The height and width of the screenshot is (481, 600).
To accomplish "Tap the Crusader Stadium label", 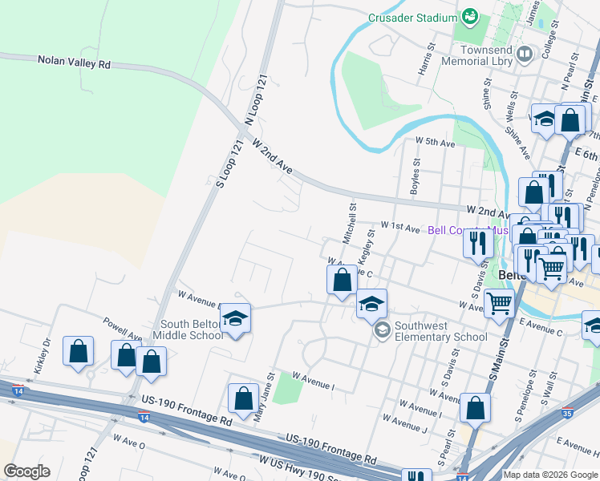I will click(411, 17).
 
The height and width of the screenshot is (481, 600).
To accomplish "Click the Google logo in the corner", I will click(26, 471).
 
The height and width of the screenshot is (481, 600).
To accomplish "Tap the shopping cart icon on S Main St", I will click(499, 302).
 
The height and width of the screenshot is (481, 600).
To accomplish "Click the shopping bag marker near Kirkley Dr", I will click(78, 350).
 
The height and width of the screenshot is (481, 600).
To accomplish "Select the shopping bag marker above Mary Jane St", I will click(242, 397).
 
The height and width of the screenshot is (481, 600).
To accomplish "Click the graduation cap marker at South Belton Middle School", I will click(235, 318).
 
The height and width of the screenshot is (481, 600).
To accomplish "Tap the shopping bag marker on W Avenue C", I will click(342, 280).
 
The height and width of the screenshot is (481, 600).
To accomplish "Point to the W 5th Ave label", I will click(435, 143).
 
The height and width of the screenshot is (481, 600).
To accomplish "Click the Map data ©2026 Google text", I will click(550, 475).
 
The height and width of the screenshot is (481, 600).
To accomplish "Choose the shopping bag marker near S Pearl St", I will click(475, 407).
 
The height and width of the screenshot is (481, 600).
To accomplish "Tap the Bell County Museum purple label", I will click(469, 230).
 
